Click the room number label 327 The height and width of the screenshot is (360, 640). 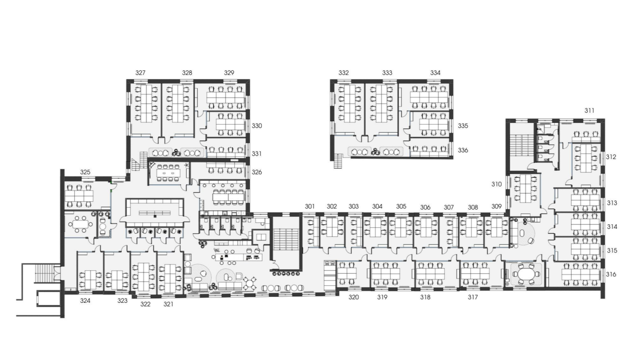[140, 73]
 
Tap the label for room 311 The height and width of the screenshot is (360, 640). [590, 110]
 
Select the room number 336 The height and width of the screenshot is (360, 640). [463, 150]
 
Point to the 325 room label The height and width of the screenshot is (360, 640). [85, 172]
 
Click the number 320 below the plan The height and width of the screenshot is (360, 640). [354, 298]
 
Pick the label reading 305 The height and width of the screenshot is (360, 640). [401, 206]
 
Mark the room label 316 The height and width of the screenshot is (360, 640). [611, 274]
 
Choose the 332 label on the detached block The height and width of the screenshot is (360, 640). [344, 73]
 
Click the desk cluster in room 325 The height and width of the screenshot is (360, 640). [79, 196]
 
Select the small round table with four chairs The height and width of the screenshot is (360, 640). [250, 284]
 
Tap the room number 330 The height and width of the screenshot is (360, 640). [256, 126]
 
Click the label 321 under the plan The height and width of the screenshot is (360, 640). [168, 304]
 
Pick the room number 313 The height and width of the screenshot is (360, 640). [612, 203]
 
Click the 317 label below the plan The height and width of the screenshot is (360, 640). [473, 298]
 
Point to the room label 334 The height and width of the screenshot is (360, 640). [436, 73]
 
